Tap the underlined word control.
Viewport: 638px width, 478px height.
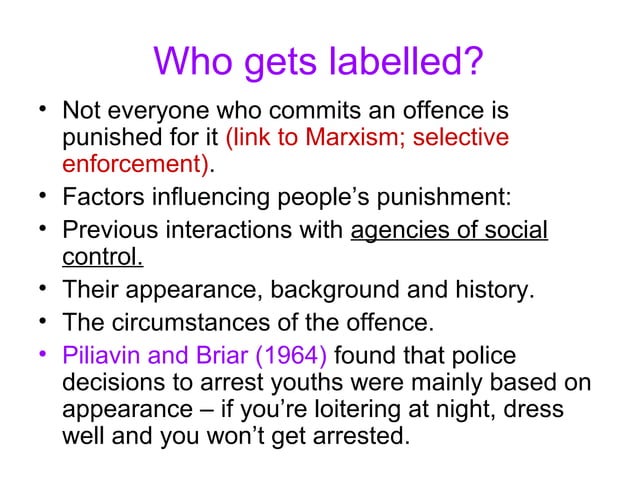coord(103,257)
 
